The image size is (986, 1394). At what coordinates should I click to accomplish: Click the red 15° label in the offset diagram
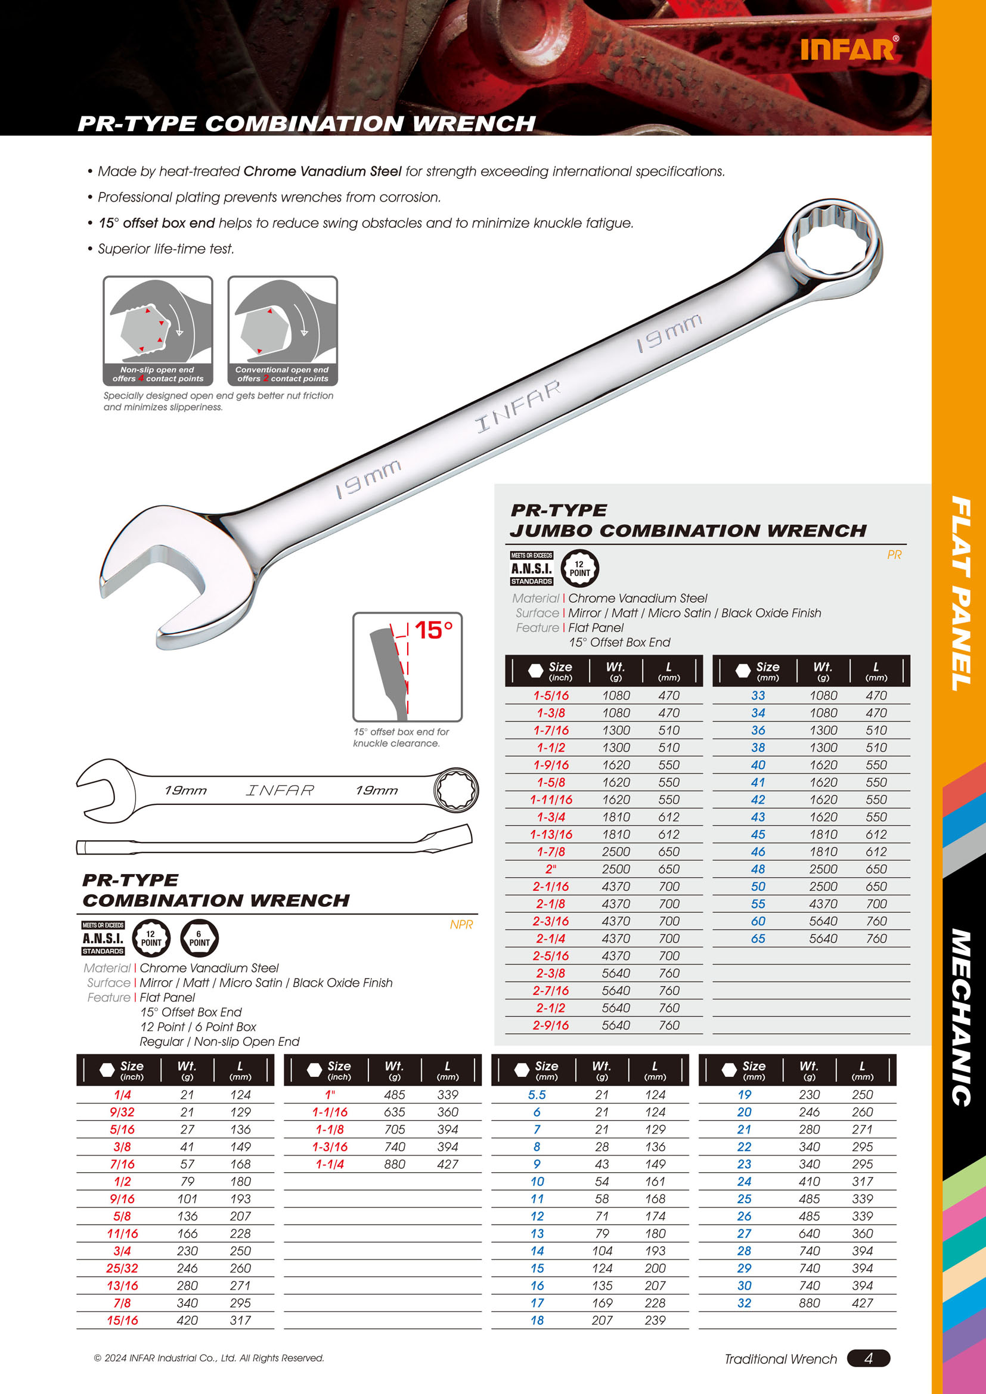tap(433, 630)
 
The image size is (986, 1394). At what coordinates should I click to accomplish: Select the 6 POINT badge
tap(199, 938)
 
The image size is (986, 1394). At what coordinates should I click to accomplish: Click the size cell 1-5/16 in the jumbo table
tap(551, 696)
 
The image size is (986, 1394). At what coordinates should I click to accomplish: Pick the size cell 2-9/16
tap(551, 1026)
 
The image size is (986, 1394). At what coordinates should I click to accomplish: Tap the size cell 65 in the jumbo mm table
tap(758, 938)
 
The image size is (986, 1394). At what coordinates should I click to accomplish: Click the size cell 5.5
tap(537, 1095)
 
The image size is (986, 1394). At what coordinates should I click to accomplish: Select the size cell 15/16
tap(122, 1320)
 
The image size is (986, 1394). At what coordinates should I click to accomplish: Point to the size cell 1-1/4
tap(330, 1164)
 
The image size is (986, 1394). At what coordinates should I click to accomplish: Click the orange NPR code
tap(461, 925)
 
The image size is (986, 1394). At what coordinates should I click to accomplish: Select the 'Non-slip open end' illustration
tap(158, 331)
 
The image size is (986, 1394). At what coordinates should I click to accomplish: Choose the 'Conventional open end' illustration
tap(283, 331)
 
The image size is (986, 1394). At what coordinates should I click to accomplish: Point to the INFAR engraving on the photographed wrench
tap(517, 406)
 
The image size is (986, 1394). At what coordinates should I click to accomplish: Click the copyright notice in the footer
tap(209, 1358)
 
